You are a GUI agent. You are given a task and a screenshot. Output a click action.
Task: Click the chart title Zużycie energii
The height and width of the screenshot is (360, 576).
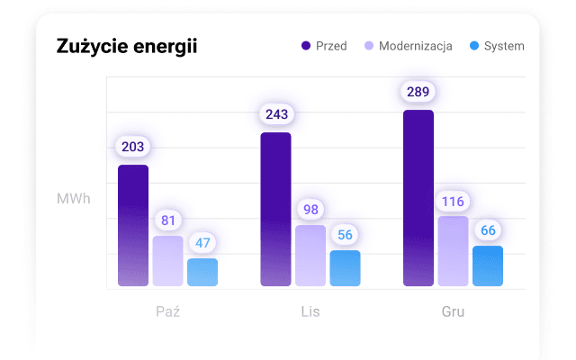(x=127, y=46)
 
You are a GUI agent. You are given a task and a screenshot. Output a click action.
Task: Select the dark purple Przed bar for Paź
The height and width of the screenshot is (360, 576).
(x=133, y=225)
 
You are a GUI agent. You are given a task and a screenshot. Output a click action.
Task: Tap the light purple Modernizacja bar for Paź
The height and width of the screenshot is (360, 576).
(x=167, y=260)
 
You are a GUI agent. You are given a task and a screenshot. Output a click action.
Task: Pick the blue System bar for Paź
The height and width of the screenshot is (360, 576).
(x=202, y=272)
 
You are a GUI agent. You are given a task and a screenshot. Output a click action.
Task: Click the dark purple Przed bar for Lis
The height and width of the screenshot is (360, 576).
(x=275, y=209)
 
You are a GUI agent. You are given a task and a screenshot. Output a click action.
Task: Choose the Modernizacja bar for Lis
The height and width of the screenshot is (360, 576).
(x=310, y=255)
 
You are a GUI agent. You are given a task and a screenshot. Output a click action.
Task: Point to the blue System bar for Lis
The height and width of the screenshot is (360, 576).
(x=345, y=268)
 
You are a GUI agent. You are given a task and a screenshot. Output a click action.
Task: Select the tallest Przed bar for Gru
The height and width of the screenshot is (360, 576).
(x=418, y=198)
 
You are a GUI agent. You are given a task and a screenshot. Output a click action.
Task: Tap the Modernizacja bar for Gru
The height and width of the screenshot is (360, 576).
(x=454, y=250)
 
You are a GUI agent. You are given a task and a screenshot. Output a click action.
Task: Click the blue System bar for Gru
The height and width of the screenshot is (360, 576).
(x=488, y=265)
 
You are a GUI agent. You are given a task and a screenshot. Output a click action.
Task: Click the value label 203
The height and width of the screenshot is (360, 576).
(x=133, y=147)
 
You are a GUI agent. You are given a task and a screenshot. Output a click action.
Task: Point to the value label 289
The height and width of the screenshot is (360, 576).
(x=418, y=92)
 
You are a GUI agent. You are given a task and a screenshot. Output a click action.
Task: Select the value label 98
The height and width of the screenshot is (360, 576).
(x=310, y=209)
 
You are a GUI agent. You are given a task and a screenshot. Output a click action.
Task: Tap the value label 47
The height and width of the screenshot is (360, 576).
(x=202, y=242)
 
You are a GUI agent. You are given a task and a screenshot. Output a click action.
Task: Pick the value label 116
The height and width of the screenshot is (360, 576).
(x=454, y=201)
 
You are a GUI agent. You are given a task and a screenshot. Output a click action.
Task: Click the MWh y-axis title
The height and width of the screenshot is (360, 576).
(x=73, y=199)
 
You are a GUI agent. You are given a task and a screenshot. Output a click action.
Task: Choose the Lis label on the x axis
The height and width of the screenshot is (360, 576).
(x=310, y=312)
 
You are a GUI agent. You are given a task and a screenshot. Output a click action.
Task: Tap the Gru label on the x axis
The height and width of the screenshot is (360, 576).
(x=454, y=312)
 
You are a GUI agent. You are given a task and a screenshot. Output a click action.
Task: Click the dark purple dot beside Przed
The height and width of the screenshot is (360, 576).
(x=306, y=46)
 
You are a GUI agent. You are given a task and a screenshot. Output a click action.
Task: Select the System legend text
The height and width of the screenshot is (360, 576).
(x=504, y=46)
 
